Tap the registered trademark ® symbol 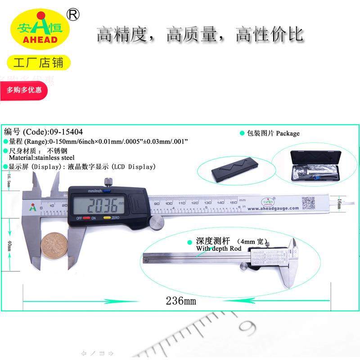(72, 15)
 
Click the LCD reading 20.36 (103, 207)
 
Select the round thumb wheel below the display (156, 222)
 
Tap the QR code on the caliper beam (309, 202)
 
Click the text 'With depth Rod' (219, 249)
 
